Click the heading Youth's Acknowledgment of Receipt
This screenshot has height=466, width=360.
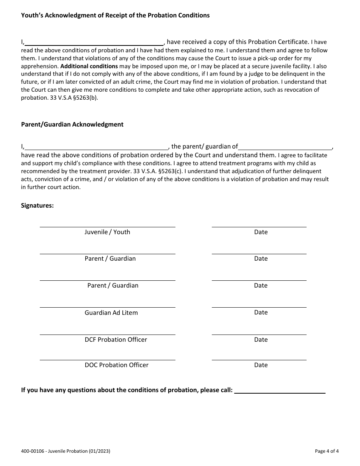(x=115, y=16)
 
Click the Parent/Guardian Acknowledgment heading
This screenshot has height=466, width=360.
(x=72, y=124)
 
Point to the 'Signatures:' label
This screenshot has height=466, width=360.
(x=37, y=205)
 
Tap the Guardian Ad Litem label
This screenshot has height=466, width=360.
(x=111, y=313)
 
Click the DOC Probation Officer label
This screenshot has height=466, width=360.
(x=116, y=365)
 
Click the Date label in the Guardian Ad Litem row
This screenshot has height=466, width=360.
(x=261, y=313)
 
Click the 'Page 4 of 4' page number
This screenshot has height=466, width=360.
(x=327, y=451)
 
